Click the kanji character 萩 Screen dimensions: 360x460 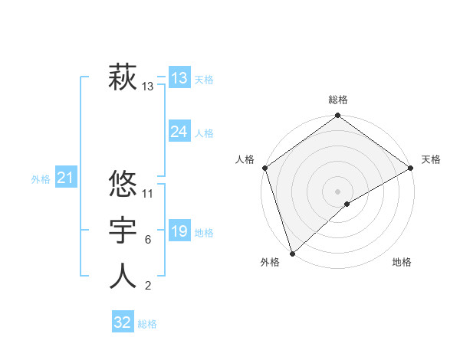click(x=123, y=78)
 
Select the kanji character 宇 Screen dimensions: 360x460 click(x=123, y=230)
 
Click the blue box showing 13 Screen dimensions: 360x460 click(x=179, y=78)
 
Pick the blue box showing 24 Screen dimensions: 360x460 click(x=179, y=132)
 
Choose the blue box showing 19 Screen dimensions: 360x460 click(x=179, y=231)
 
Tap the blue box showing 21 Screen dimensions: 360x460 click(x=65, y=178)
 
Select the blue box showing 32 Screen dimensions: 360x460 click(x=123, y=322)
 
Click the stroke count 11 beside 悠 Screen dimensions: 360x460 click(x=149, y=193)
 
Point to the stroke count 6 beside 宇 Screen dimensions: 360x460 click(x=147, y=240)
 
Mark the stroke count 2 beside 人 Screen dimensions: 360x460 click(x=147, y=286)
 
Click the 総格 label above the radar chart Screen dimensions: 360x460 click(x=337, y=100)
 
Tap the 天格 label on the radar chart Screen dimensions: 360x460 click(x=431, y=159)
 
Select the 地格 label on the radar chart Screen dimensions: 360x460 click(x=402, y=262)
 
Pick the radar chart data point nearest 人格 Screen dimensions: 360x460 click(x=264, y=168)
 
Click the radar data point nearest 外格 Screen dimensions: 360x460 click(x=292, y=252)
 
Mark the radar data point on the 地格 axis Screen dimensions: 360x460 click(x=347, y=204)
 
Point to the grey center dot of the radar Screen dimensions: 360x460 click(x=337, y=191)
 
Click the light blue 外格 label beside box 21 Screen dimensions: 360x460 click(x=41, y=179)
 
